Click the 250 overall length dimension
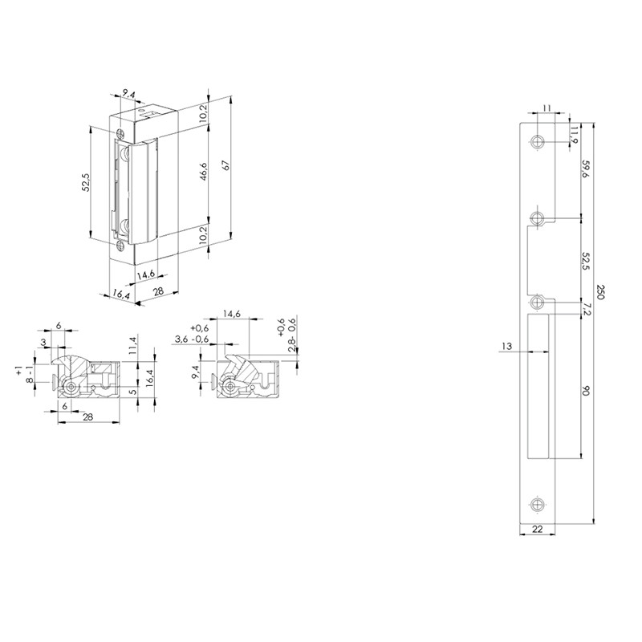(x=599, y=292)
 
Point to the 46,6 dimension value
(x=204, y=171)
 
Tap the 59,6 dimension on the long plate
(x=586, y=169)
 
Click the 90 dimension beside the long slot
(x=586, y=392)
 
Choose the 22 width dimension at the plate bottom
(x=537, y=530)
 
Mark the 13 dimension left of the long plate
(x=507, y=347)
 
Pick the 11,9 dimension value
(x=575, y=135)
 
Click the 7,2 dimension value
(x=586, y=309)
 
